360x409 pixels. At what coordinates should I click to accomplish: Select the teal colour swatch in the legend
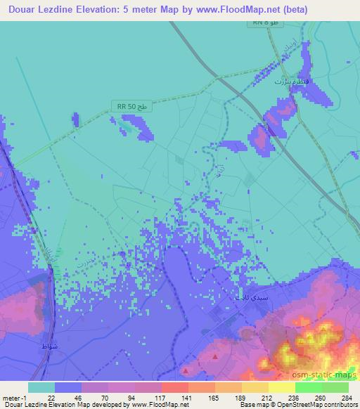(x=41, y=387)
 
